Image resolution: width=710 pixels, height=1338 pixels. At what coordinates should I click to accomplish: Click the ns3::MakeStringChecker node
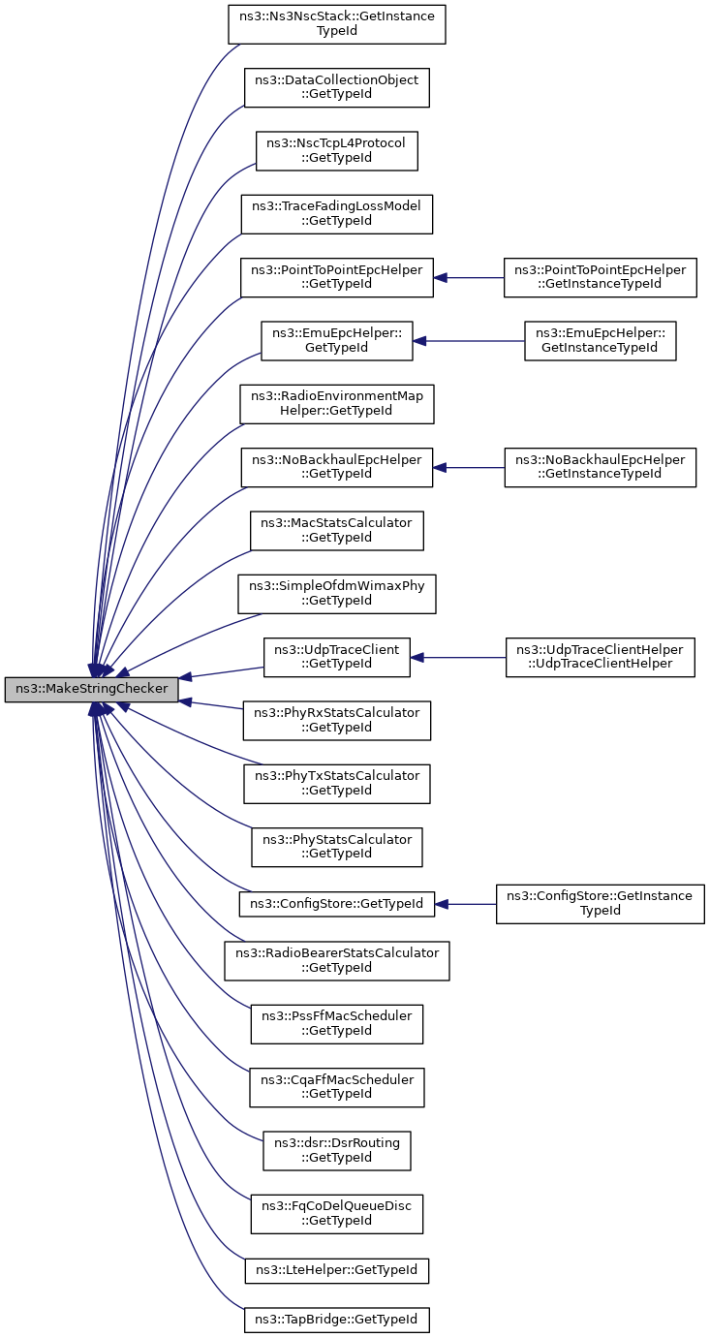[91, 689]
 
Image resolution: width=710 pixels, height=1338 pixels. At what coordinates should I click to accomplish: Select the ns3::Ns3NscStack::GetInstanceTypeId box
[337, 24]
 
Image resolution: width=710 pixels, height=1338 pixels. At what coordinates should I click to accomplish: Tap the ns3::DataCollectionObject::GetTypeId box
[337, 87]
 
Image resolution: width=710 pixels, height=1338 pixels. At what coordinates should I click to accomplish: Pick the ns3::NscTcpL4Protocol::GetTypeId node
[337, 150]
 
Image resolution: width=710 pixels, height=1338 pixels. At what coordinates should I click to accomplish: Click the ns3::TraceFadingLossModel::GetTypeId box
[337, 214]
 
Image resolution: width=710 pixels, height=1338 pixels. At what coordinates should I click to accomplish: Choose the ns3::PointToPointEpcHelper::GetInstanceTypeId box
[601, 277]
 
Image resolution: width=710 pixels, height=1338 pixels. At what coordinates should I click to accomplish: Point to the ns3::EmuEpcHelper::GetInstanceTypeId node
[601, 340]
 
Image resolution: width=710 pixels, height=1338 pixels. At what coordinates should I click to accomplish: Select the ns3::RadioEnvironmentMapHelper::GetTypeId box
[337, 404]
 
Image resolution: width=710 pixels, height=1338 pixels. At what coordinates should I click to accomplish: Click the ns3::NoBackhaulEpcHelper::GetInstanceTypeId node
[601, 467]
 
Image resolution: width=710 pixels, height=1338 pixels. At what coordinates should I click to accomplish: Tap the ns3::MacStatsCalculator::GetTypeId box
[337, 530]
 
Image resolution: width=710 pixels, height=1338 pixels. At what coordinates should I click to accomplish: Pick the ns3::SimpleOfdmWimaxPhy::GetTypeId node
[337, 594]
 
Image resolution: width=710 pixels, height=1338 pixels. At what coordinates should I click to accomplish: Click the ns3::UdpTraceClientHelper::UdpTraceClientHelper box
[601, 657]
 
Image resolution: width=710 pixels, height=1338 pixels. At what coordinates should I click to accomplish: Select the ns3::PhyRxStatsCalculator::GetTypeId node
[337, 721]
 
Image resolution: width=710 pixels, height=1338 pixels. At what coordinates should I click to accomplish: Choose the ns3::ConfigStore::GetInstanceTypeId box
[601, 904]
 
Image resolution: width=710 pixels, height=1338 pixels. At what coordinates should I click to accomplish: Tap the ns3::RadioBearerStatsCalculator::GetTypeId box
[337, 960]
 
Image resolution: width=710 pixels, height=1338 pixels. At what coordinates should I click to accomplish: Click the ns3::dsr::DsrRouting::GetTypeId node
[337, 1150]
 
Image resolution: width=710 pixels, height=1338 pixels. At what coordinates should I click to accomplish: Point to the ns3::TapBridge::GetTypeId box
[337, 1320]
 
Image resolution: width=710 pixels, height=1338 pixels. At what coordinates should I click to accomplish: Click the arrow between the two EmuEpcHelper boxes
[469, 341]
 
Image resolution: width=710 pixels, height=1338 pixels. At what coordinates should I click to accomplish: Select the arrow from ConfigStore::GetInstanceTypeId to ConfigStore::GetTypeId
[465, 904]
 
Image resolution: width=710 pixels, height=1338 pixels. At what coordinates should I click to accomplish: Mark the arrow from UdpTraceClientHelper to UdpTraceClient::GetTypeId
[458, 658]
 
